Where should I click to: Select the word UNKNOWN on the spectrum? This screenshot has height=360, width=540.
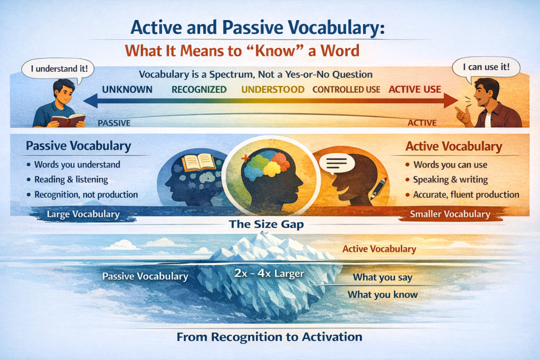point(127,89)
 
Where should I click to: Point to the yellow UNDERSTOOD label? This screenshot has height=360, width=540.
point(273,89)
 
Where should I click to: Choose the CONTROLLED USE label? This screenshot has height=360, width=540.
point(346,89)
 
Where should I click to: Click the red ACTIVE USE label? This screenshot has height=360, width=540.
point(414,89)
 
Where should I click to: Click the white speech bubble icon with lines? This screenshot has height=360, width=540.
point(337,167)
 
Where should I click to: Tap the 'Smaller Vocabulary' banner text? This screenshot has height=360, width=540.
point(450,214)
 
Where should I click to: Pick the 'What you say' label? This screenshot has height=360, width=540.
point(382,277)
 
